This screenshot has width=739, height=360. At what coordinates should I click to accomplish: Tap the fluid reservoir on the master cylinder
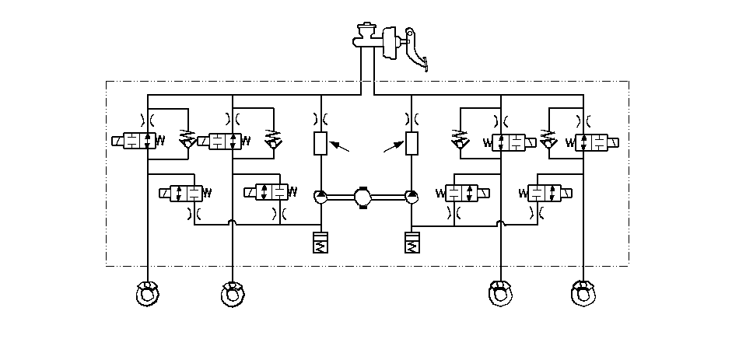(x=364, y=32)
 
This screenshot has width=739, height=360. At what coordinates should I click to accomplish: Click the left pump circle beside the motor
(x=320, y=197)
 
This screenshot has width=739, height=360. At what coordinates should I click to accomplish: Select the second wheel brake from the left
(x=232, y=293)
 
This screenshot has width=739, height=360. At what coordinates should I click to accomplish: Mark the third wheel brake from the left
(x=499, y=293)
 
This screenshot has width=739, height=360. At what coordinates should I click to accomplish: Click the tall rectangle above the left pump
(x=320, y=143)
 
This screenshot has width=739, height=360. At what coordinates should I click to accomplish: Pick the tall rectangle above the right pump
(x=412, y=143)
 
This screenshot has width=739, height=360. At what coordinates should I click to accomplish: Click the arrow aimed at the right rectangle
(x=392, y=149)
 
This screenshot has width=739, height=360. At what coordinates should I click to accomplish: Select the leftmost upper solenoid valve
(x=140, y=141)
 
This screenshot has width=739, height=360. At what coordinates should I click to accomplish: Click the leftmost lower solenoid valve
(x=183, y=192)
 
